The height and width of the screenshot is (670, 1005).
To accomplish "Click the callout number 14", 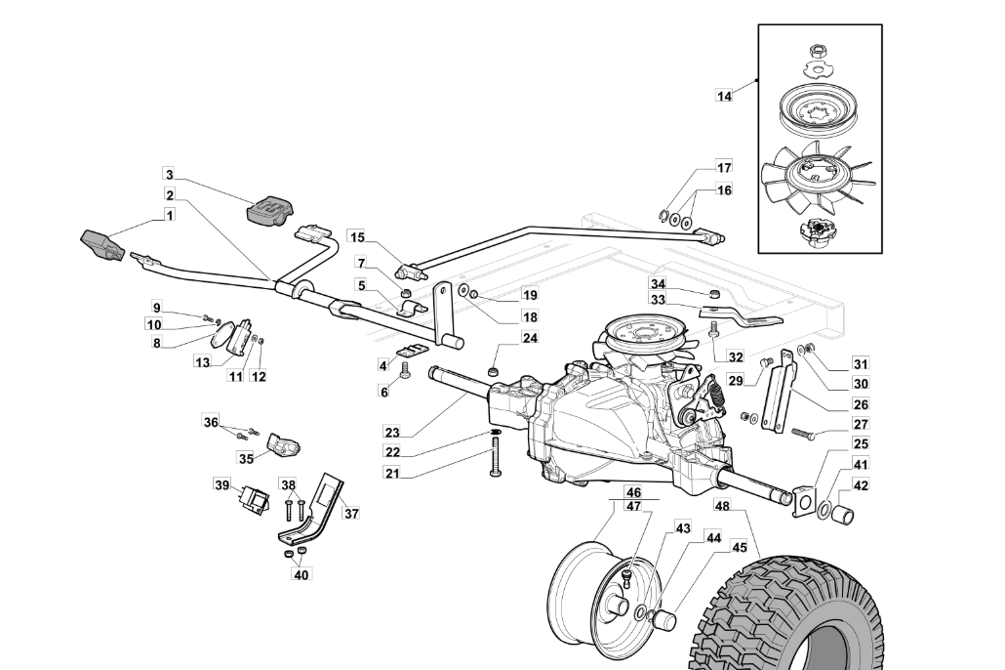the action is click(x=724, y=96).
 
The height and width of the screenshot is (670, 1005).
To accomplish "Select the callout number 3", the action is click(x=169, y=174).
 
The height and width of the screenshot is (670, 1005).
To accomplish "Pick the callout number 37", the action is click(x=351, y=514).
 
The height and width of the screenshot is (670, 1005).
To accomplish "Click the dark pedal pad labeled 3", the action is click(x=269, y=210).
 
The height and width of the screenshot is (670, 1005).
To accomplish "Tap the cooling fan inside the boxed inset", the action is click(x=815, y=177).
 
